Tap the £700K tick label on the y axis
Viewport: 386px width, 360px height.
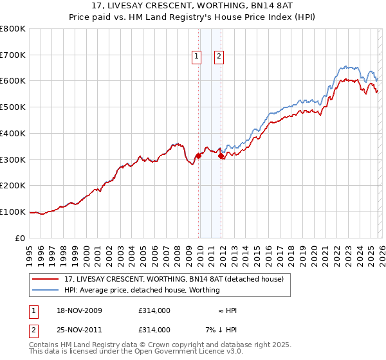(13, 55)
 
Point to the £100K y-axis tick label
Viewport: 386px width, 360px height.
(13, 212)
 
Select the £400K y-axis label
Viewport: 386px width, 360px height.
(13, 133)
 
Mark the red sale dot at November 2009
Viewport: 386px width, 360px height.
(198, 155)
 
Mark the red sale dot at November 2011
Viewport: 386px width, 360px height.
(221, 156)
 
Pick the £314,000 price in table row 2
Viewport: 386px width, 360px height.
(154, 330)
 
